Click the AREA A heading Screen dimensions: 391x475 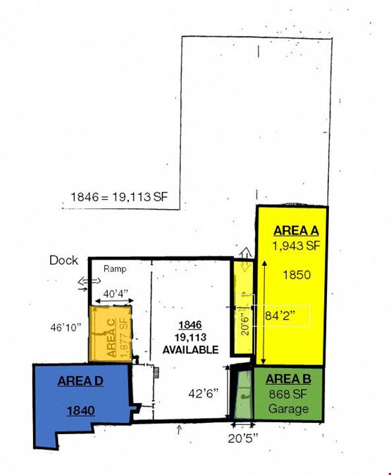point(296,231)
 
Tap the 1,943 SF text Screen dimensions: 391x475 point(296,246)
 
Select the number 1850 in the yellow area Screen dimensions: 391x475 point(297,274)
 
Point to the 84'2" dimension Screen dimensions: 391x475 point(280,316)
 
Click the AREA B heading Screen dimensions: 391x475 point(288,379)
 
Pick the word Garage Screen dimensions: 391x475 point(288,409)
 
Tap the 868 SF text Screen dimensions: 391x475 point(288,394)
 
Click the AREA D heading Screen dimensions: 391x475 point(80,381)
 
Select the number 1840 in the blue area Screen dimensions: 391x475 point(81,411)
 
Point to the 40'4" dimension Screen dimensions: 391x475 point(116,293)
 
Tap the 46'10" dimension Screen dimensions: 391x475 point(66,327)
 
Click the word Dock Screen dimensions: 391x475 point(63,260)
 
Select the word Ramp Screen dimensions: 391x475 point(115,269)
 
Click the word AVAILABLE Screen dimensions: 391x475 point(190,350)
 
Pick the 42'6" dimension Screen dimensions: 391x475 point(203,393)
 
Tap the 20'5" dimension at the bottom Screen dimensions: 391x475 point(243,438)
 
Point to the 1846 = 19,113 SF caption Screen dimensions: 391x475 point(119,197)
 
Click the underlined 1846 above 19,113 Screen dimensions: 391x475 point(190,325)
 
